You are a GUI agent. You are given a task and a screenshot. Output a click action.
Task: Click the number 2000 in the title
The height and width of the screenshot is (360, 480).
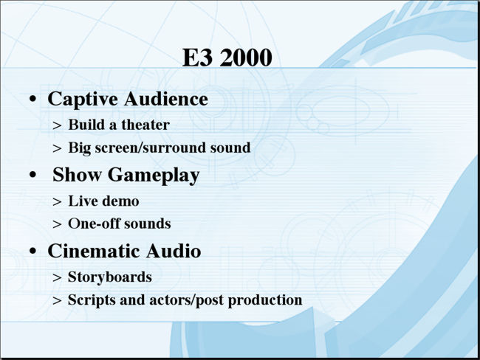click(x=245, y=58)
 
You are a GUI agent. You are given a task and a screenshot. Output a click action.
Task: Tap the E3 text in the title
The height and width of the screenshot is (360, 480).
click(x=197, y=58)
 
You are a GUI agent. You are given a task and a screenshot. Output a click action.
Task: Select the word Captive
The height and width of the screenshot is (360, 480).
click(x=83, y=100)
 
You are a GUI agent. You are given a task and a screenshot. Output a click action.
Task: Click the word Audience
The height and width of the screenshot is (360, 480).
click(x=166, y=99)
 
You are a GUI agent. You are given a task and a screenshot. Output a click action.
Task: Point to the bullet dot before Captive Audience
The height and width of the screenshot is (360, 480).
click(x=32, y=99)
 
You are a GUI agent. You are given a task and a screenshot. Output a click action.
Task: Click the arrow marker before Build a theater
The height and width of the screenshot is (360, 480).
click(x=57, y=125)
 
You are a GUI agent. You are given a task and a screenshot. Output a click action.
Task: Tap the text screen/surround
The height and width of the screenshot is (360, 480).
click(x=150, y=148)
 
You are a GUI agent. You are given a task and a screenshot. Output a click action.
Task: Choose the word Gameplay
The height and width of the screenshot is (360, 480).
click(x=154, y=176)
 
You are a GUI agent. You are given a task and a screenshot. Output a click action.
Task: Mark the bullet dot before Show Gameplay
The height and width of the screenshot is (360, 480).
click(x=32, y=175)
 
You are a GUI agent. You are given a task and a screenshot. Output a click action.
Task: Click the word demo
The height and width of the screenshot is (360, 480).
click(x=120, y=201)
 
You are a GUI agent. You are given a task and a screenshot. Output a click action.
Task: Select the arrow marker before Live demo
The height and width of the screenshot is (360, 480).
click(x=57, y=202)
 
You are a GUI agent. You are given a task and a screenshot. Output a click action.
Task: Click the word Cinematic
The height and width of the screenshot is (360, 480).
click(x=94, y=251)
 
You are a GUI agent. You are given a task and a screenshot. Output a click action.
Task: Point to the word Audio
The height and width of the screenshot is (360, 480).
click(x=174, y=251)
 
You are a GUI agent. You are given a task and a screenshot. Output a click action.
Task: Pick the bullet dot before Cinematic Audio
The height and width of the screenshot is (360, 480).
click(x=32, y=251)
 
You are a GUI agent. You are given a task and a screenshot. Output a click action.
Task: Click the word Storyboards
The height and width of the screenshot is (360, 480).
click(x=110, y=277)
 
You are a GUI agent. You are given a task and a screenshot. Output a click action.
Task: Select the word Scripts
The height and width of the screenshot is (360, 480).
click(x=92, y=300)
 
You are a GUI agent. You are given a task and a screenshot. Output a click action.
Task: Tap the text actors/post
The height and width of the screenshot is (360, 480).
click(x=186, y=300)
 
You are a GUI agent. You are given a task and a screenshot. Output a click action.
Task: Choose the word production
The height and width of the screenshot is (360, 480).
click(x=265, y=300)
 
